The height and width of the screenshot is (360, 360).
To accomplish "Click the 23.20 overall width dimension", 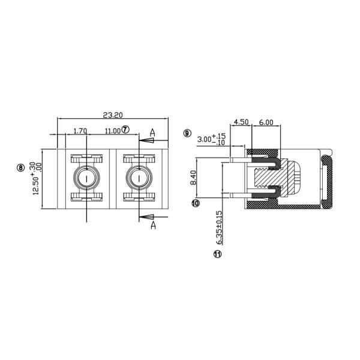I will pos(113,115).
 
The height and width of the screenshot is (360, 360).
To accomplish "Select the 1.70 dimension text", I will pos(80,130).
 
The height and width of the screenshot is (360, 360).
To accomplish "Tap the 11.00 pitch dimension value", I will pos(112,130).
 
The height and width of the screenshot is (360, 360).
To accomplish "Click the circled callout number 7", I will pos(125,130).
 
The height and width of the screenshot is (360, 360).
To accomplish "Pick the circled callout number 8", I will pos(21,168).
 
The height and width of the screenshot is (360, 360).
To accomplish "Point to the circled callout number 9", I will pos(187,133).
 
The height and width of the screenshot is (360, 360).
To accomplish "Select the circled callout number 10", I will pos(196,203).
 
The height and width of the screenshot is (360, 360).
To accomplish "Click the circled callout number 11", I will pos(217,254).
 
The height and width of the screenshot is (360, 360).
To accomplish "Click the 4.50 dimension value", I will pos(241,122).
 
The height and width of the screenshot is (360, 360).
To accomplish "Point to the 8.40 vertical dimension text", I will pos(209,178).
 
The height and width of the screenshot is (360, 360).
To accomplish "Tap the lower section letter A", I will pos(153,225).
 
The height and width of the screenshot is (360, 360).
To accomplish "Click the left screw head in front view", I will pos(87,178).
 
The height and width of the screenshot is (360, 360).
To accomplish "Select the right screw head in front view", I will pos(139,178).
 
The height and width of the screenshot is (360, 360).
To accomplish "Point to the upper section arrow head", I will pos(148,140).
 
